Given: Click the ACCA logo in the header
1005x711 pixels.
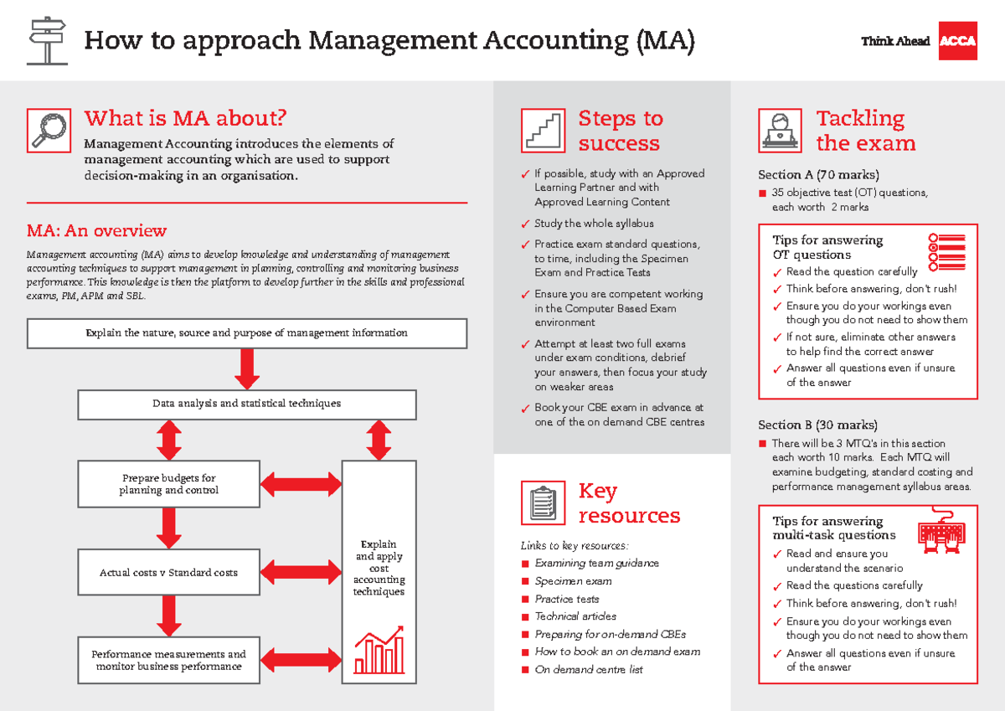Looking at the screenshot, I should click(958, 41).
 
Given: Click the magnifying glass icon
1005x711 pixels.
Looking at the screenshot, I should click(48, 130).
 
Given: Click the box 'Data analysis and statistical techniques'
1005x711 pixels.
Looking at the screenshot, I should click(247, 404).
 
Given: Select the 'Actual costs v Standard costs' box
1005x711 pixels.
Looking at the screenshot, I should click(169, 573).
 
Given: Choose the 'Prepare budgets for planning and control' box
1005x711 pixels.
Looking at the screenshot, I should click(169, 484).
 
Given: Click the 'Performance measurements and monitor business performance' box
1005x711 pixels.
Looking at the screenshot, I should click(169, 660).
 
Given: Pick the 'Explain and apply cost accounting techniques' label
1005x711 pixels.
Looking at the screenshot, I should click(379, 568).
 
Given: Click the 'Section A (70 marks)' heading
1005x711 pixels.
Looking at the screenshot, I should click(818, 175).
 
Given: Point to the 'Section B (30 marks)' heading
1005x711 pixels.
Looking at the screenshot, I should click(818, 425).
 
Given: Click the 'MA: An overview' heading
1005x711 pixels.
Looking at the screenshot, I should click(96, 231).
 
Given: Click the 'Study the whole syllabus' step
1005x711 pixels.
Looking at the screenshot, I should click(594, 224).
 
